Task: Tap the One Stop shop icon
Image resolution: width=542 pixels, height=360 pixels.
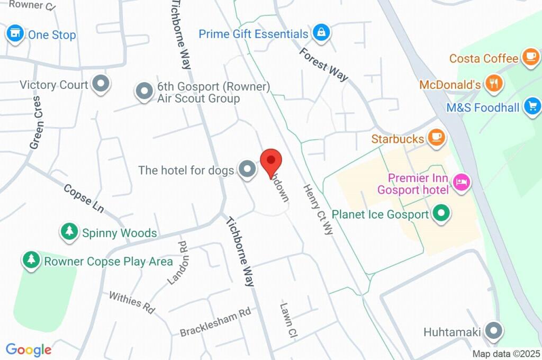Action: coord(15,34)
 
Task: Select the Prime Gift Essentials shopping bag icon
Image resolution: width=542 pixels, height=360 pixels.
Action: coord(321,33)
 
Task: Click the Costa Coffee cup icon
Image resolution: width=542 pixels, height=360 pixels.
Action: coord(530,57)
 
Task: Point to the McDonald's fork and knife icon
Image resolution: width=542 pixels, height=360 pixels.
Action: coord(493,84)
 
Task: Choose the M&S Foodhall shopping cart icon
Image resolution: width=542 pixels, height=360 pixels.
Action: coord(532,106)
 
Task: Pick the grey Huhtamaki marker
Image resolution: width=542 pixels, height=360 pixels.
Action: coord(494,331)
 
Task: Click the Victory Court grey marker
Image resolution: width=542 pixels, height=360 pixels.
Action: coord(100,84)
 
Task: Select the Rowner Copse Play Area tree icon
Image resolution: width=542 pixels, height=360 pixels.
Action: coord(32,260)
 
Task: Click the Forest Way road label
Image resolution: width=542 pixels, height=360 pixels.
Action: coord(323,65)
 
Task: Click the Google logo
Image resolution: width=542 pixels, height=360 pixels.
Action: coord(29,349)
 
